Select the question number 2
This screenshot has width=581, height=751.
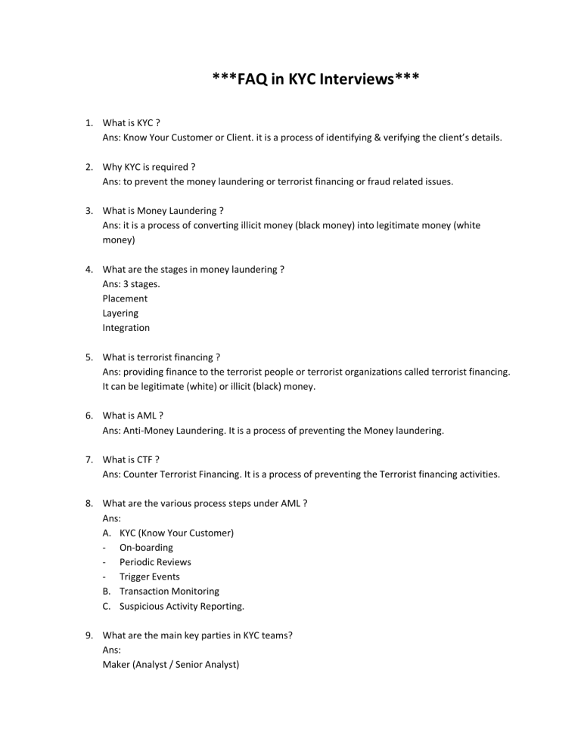pyautogui.click(x=89, y=167)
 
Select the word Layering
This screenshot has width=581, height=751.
pyautogui.click(x=120, y=313)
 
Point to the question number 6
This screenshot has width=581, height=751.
pyautogui.click(x=89, y=416)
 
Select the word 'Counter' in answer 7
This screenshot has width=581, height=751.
pyautogui.click(x=141, y=474)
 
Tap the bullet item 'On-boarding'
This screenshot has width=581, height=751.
pyautogui.click(x=146, y=547)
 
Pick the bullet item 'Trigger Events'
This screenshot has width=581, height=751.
pyautogui.click(x=149, y=576)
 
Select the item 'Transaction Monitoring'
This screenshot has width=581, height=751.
pyautogui.click(x=169, y=591)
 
